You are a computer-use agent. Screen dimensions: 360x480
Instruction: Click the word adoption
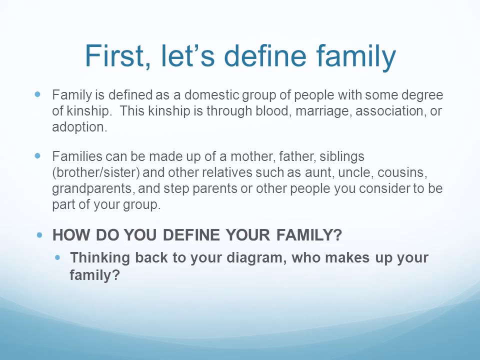point(79,126)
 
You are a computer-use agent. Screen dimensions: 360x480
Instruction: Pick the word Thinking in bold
point(95,258)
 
